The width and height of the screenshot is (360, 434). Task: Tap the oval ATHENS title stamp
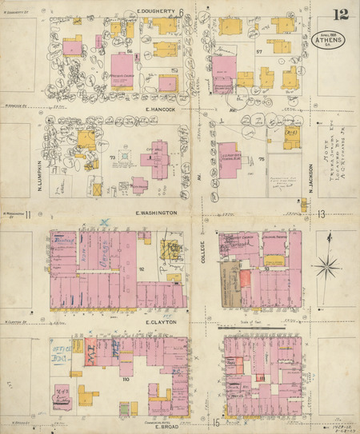coord(330,40)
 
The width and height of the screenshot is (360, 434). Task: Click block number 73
coord(113,157)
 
